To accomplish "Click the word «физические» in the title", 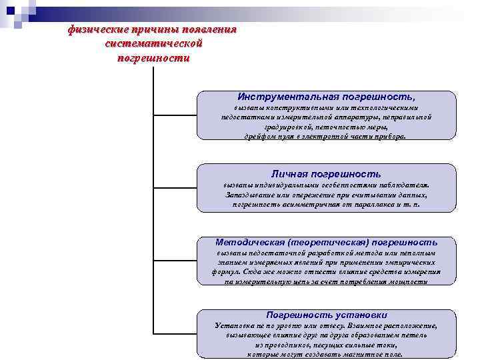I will [95, 30].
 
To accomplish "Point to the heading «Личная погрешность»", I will [326, 173].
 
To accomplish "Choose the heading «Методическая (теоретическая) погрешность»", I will [326, 242].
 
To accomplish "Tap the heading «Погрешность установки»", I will [326, 314].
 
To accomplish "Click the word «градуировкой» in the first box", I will [292, 125].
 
